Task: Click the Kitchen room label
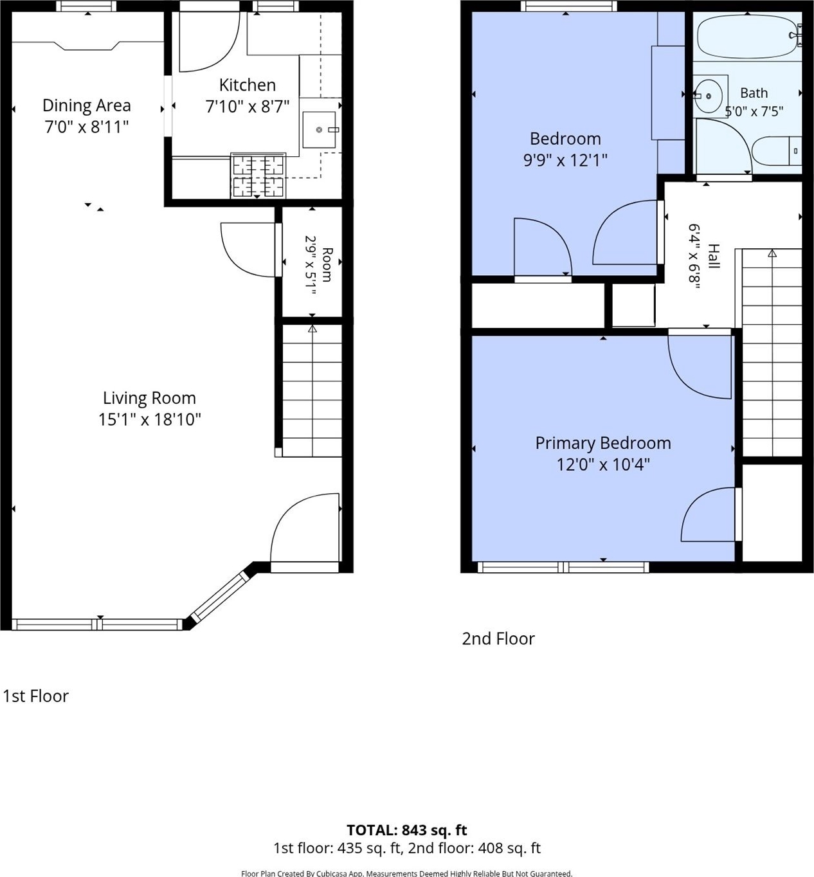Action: (x=248, y=85)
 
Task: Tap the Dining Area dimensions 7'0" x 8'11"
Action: (x=87, y=127)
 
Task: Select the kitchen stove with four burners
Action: (x=258, y=176)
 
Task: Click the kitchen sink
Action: (x=319, y=129)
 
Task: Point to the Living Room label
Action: (x=149, y=398)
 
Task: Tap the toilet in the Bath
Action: (x=777, y=151)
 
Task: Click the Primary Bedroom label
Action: (x=603, y=443)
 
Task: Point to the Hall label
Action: (x=714, y=256)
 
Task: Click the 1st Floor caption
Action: (x=36, y=696)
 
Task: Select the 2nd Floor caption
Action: (x=498, y=638)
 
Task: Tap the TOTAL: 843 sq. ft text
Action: (x=407, y=830)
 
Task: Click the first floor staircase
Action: (x=312, y=390)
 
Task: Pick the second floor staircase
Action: (x=772, y=352)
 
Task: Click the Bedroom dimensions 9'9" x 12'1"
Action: (x=565, y=160)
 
